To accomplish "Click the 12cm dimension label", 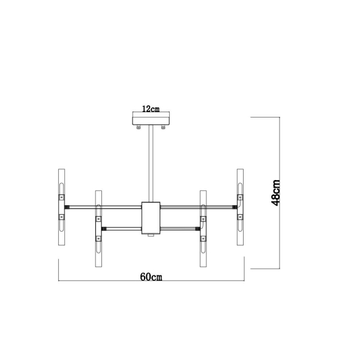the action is pos(151,109).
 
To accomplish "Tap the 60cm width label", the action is pos(151,277).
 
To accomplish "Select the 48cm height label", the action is pos(275,193).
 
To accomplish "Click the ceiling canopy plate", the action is pos(151,121).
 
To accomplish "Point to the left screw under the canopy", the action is pos(139,127).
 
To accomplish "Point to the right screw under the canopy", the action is pos(163,127).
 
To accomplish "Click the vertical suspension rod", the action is pos(151,163).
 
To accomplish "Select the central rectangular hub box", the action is pos(151,218).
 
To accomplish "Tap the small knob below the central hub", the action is pos(151,235).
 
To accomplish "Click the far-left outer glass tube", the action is pos(62,207).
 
